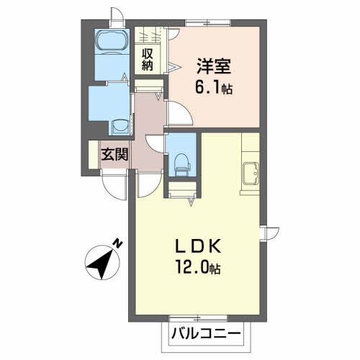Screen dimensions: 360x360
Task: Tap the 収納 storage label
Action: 148,59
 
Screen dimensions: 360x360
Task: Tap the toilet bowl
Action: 181,163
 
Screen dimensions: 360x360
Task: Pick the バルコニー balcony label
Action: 206,334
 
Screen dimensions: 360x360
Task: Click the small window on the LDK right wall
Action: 271,234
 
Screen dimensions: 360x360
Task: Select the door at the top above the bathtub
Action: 117,17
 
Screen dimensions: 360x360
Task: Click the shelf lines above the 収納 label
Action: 149,35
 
